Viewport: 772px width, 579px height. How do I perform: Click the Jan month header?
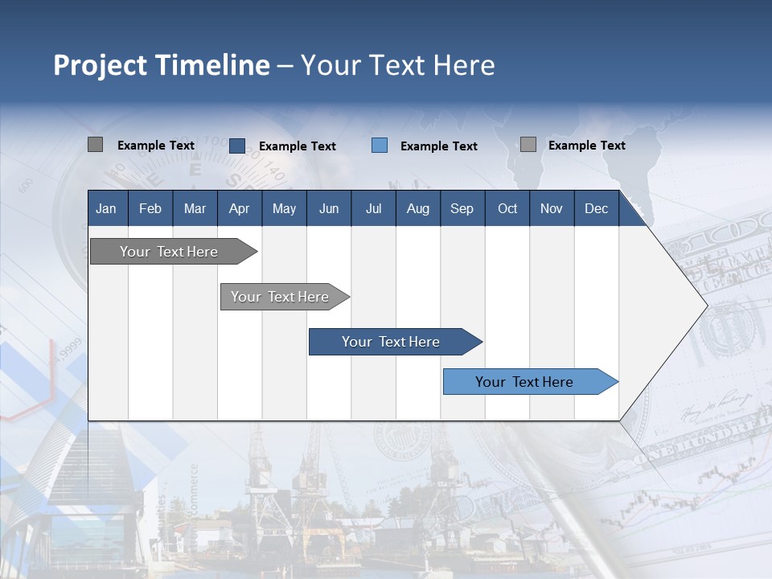click(x=106, y=208)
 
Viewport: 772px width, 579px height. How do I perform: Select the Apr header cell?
click(x=239, y=208)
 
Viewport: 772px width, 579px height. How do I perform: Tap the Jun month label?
click(x=329, y=208)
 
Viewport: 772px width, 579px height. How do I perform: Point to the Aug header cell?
click(x=417, y=208)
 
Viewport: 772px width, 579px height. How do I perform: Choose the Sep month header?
click(x=462, y=208)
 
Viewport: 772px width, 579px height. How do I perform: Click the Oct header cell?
click(x=507, y=208)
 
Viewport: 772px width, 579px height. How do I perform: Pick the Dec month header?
click(x=596, y=208)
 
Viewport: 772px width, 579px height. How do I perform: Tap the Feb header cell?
click(x=150, y=208)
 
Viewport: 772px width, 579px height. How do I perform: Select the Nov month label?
click(x=552, y=208)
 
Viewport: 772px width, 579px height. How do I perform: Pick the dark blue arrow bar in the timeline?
click(x=392, y=342)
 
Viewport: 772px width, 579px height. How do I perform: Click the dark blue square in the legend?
click(x=237, y=146)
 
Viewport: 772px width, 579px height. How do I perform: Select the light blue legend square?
click(x=380, y=146)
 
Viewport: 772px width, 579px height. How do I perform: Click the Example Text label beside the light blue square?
click(x=438, y=146)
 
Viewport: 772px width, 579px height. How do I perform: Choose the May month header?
click(x=284, y=208)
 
